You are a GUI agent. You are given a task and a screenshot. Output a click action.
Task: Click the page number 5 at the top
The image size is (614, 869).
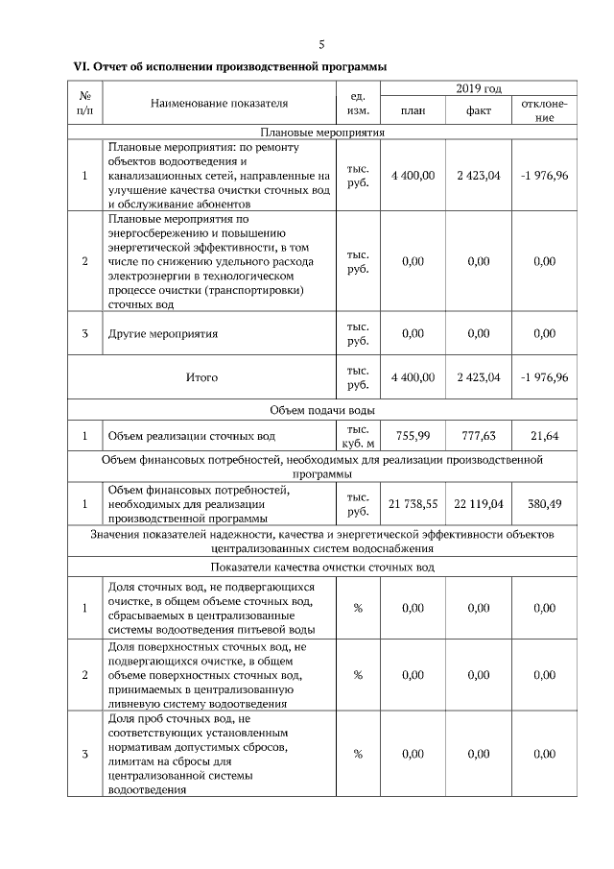(321, 44)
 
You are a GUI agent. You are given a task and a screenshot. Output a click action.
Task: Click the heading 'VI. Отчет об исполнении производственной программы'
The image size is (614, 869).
(230, 67)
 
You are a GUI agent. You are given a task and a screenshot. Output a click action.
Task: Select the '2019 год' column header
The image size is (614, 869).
(479, 89)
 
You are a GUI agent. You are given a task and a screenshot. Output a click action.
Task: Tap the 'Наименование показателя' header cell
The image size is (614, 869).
(219, 102)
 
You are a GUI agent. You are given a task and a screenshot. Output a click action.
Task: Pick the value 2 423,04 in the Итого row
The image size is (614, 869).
(479, 377)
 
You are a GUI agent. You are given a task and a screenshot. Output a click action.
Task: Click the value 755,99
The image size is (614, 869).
(413, 436)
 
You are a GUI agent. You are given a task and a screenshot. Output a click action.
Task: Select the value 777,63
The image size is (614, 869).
(479, 436)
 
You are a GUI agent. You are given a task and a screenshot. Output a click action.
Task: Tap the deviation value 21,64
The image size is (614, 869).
(544, 436)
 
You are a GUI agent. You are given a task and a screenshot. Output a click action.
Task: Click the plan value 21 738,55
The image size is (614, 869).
(413, 503)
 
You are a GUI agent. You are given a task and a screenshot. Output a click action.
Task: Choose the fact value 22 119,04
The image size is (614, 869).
(479, 503)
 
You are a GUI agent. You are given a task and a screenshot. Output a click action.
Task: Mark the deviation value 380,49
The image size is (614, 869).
(544, 503)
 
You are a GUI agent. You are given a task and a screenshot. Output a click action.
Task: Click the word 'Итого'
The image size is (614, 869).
(201, 377)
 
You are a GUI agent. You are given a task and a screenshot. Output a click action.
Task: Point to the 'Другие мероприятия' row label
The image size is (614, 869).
(163, 334)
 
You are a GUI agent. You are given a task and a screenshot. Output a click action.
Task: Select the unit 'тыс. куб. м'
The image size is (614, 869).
(357, 436)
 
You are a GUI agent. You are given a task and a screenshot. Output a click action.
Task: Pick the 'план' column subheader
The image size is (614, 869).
(413, 110)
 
